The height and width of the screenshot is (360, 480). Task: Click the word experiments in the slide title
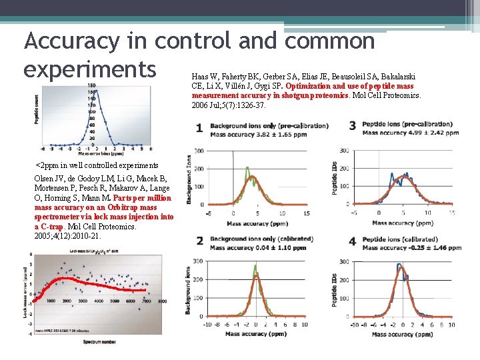click(x=90, y=69)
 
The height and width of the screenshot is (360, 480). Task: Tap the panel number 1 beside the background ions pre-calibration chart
click(x=199, y=128)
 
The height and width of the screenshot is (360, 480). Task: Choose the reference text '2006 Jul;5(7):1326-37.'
click(x=229, y=105)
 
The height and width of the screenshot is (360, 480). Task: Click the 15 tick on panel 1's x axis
click(x=305, y=213)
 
